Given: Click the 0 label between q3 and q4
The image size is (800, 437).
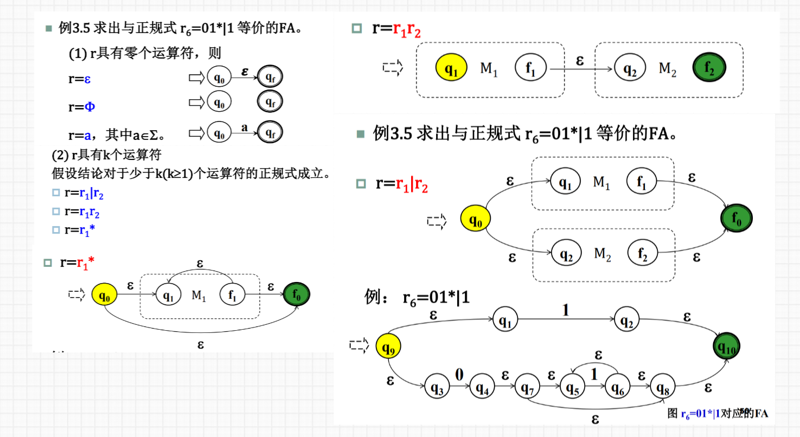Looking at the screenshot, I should pyautogui.click(x=459, y=374).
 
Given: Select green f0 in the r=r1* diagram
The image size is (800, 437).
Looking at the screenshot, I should pyautogui.click(x=296, y=295).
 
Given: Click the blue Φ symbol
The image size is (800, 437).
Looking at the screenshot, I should pyautogui.click(x=89, y=106).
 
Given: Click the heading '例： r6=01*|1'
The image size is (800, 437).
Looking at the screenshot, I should pyautogui.click(x=417, y=298).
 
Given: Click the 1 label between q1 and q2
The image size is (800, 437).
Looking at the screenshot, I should pyautogui.click(x=566, y=310).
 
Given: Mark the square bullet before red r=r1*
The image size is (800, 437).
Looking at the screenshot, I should pyautogui.click(x=48, y=263).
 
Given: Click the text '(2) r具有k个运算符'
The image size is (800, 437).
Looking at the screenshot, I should pyautogui.click(x=107, y=156).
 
